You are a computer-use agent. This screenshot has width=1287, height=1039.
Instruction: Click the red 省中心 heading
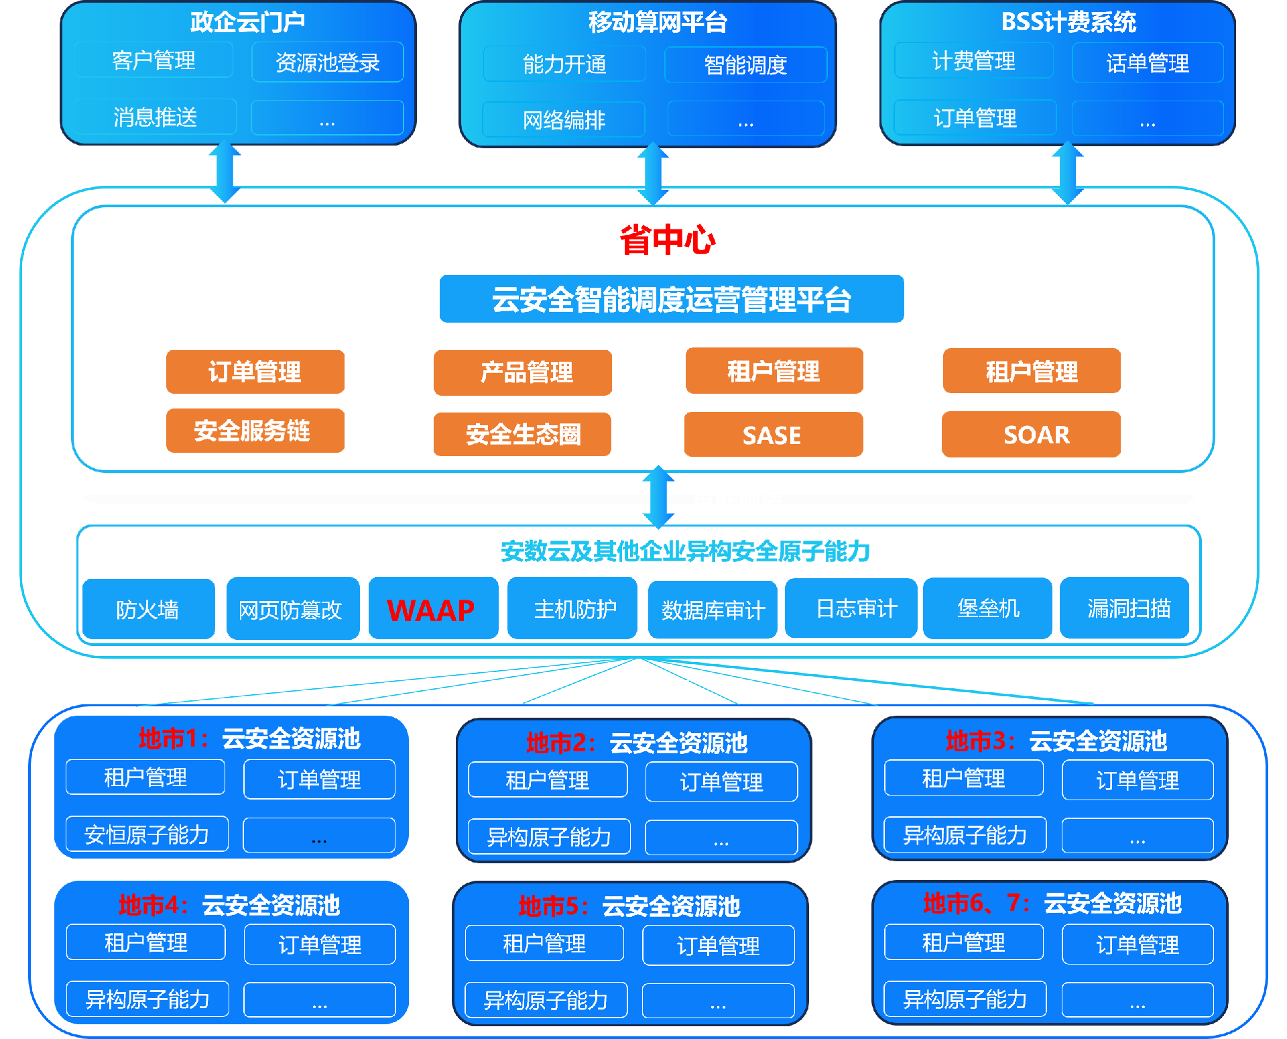click(x=667, y=239)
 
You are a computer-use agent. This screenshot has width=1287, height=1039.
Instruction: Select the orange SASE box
click(x=773, y=435)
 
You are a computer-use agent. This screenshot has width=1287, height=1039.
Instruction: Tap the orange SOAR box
click(x=1031, y=435)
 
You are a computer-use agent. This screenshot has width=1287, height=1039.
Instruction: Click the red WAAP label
click(x=431, y=610)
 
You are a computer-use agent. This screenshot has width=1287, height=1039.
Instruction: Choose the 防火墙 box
click(x=148, y=609)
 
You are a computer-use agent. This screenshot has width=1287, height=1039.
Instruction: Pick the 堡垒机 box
click(x=987, y=608)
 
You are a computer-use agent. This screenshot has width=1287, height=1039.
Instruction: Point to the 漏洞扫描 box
click(x=1124, y=608)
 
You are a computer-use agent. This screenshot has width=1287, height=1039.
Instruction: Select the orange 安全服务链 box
click(x=255, y=431)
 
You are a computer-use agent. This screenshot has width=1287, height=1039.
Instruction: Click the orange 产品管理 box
click(x=522, y=372)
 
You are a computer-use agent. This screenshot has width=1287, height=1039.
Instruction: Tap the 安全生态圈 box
click(x=522, y=434)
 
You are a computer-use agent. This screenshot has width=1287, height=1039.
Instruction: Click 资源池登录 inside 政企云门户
click(x=327, y=62)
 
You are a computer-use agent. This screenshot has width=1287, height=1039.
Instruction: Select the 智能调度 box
click(x=745, y=64)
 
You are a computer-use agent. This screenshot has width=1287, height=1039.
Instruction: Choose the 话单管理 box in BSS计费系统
click(x=1148, y=63)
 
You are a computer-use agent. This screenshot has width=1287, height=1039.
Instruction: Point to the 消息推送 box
click(x=155, y=117)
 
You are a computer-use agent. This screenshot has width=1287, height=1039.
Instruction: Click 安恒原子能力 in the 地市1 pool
click(x=147, y=834)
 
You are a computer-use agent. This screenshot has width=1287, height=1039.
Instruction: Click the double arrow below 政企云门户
click(x=225, y=172)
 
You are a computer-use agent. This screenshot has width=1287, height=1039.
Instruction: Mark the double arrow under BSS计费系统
click(x=1067, y=172)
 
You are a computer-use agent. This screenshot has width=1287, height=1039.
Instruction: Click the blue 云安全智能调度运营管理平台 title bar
click(x=671, y=299)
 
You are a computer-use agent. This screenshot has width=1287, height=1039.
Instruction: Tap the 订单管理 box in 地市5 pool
click(x=718, y=946)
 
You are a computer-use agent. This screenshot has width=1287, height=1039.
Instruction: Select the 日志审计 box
click(x=851, y=608)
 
